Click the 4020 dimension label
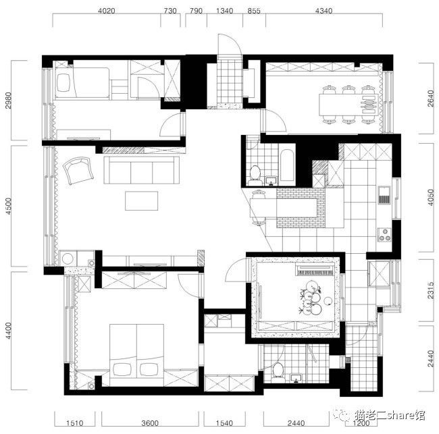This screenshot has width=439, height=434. click(107, 11)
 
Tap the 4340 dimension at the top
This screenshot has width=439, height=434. click(324, 11)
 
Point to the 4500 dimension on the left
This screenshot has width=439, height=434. click(9, 206)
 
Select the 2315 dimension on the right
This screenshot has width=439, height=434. click(431, 290)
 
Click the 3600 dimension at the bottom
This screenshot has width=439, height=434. click(150, 423)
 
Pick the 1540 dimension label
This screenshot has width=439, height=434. click(224, 423)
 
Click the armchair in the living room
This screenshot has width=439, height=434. click(78, 170)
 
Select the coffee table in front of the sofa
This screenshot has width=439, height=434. click(141, 200)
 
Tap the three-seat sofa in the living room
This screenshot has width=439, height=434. click(142, 170)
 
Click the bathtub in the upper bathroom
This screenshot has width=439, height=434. click(287, 165)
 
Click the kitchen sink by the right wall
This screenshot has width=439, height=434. click(384, 194)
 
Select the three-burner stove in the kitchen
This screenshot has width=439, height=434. click(384, 235)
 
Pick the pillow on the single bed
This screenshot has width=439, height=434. click(64, 82)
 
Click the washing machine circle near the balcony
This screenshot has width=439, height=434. click(68, 259)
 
